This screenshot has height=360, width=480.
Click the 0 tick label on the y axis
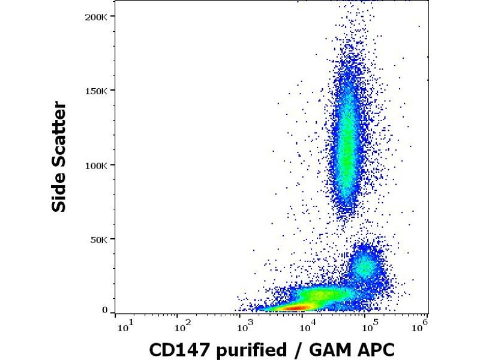tap(105, 311)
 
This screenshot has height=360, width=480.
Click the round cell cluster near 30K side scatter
tap(365, 265)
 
